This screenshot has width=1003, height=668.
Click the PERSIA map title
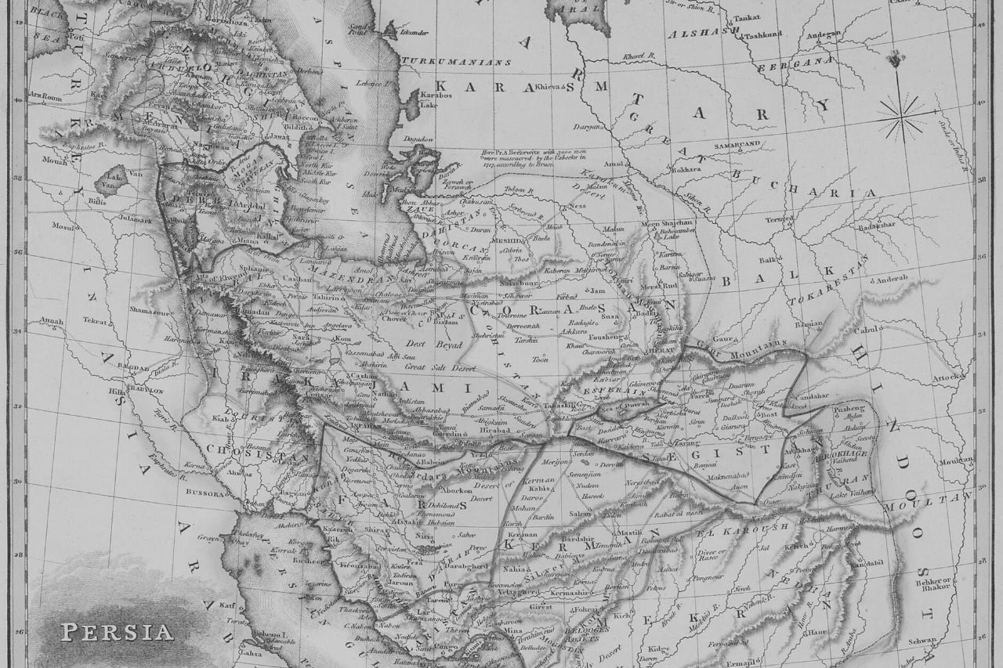tap(117, 631)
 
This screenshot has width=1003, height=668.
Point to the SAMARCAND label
tap(737, 145)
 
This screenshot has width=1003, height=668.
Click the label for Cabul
tap(865, 330)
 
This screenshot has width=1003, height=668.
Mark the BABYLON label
tap(145, 390)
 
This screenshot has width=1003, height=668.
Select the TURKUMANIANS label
tap(456, 61)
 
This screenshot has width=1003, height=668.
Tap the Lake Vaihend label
tap(853, 493)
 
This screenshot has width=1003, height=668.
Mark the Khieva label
tap(549, 87)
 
